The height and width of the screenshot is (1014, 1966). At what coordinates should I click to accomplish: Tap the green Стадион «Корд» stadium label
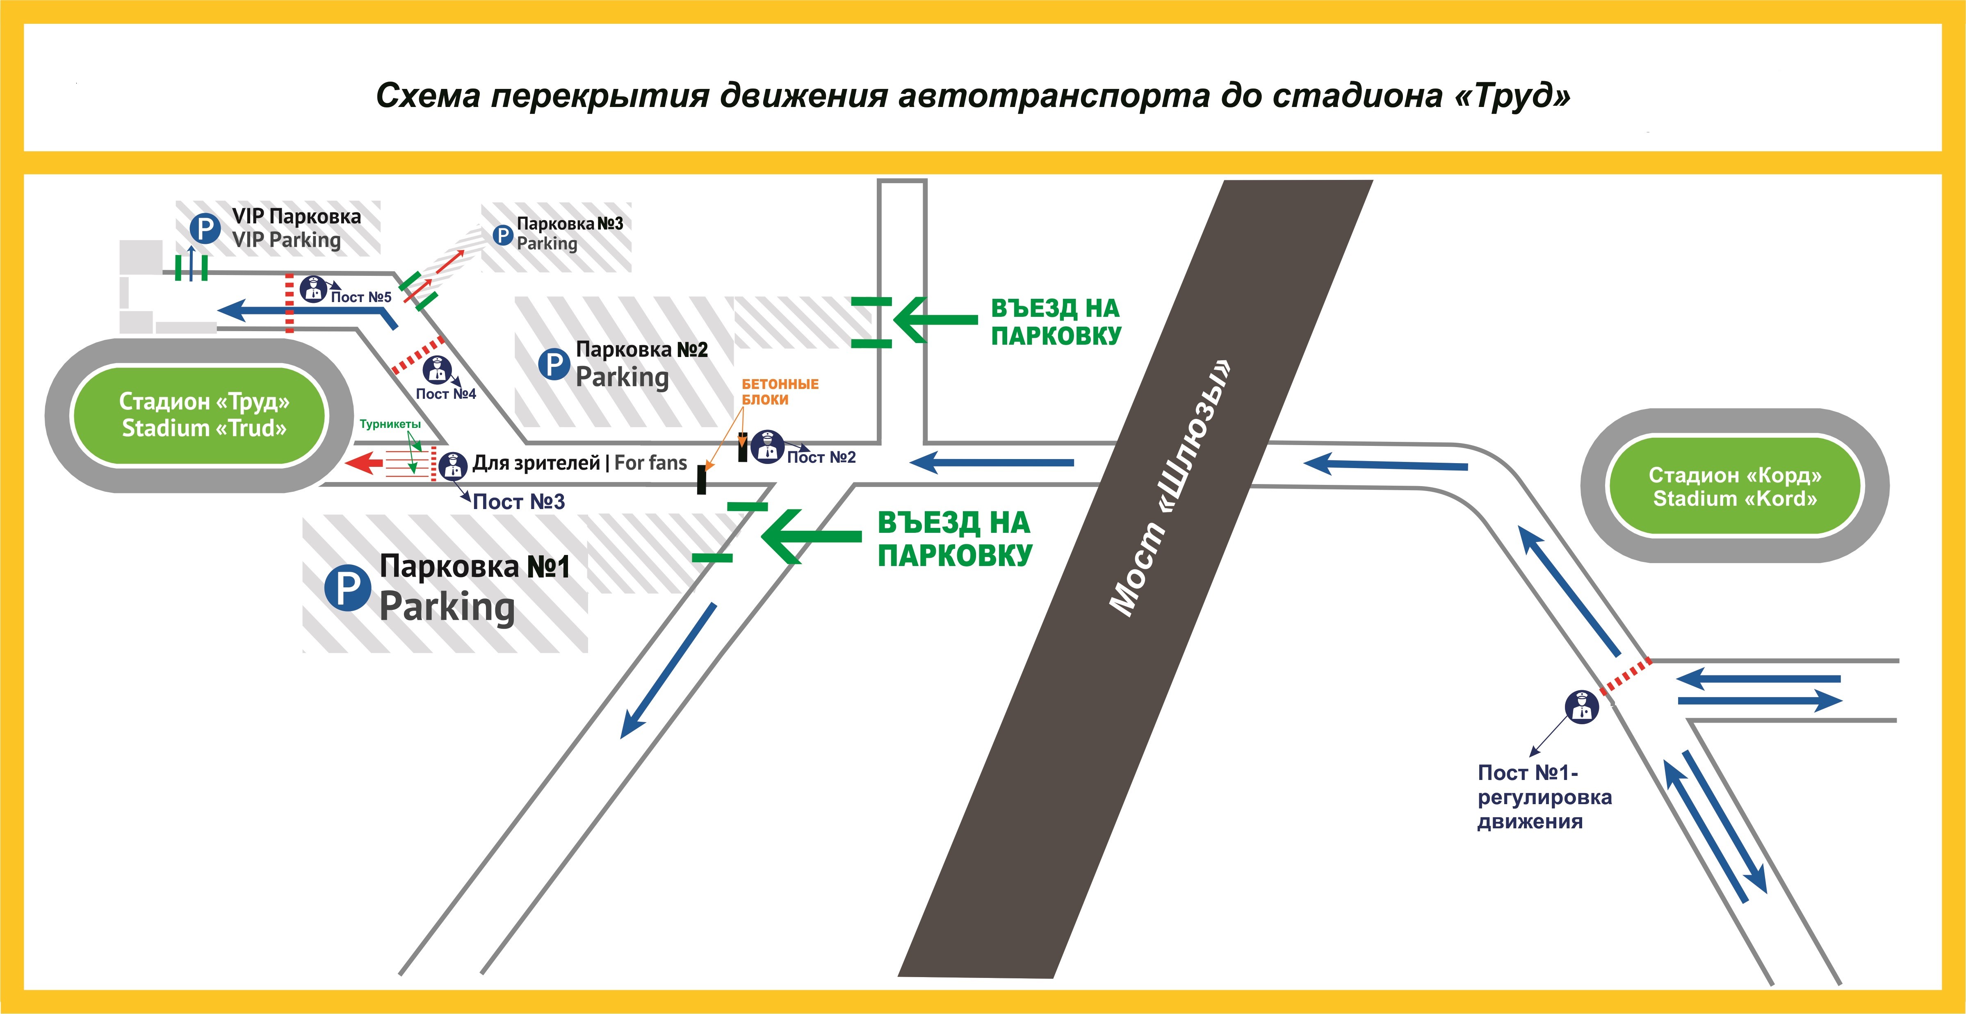[1734, 487]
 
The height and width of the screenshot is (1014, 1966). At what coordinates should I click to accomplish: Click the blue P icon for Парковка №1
[347, 587]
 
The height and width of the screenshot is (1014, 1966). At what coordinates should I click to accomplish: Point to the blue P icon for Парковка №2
[554, 365]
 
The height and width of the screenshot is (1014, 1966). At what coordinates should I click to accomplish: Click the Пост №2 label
[821, 457]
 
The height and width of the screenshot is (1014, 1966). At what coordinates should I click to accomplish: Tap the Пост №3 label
[519, 501]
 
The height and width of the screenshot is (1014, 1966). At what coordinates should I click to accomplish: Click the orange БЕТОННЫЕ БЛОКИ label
[779, 391]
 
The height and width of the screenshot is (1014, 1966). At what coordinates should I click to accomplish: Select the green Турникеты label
[390, 424]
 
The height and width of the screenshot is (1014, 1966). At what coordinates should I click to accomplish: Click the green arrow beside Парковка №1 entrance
[810, 537]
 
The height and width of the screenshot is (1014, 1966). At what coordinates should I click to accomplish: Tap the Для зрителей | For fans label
[580, 462]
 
